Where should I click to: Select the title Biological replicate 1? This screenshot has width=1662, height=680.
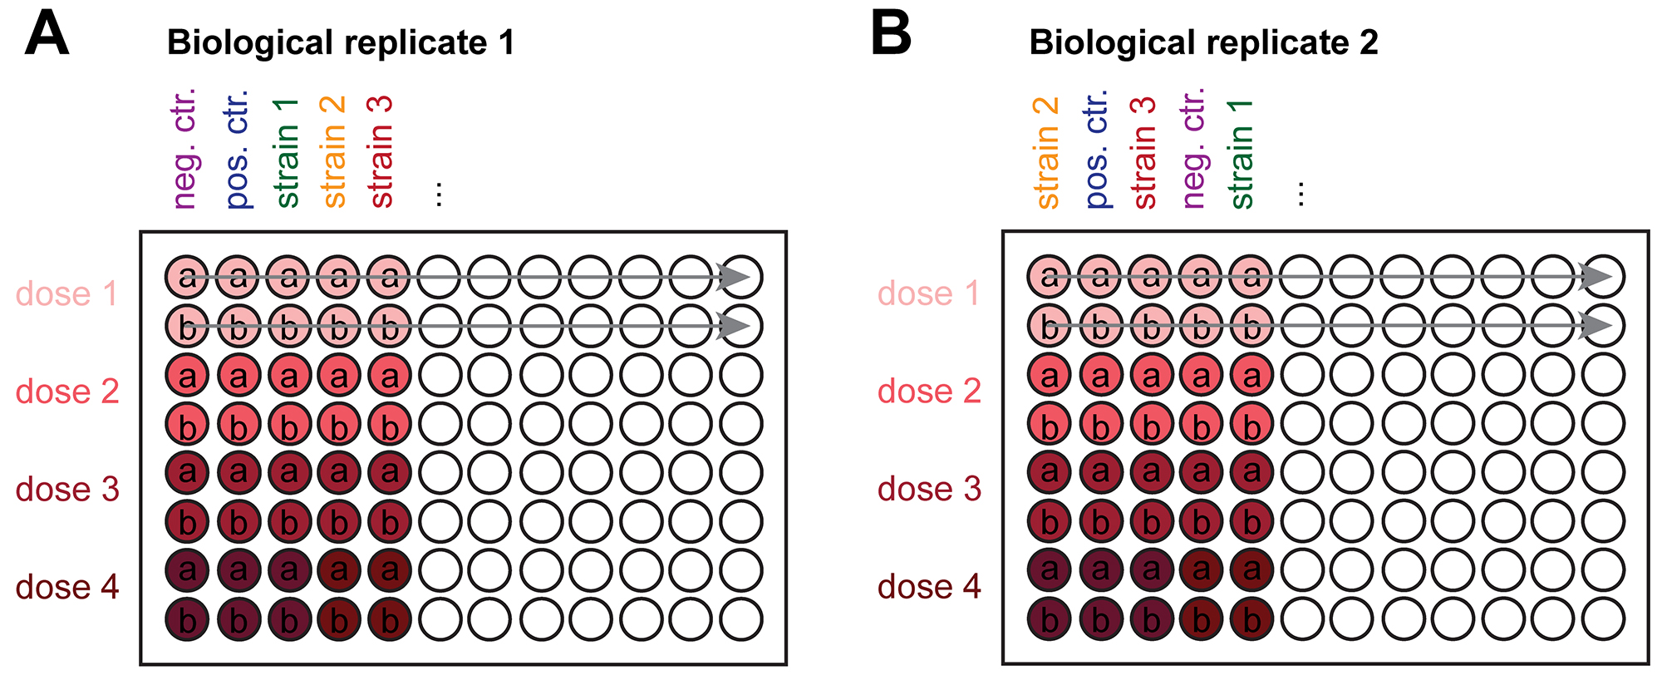click(x=341, y=42)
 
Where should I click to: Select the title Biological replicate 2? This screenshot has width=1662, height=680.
click(x=1203, y=42)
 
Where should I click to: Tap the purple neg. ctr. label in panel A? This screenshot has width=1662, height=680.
click(x=184, y=148)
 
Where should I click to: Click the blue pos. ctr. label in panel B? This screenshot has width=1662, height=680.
click(x=1097, y=148)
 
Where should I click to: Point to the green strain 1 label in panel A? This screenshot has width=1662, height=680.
click(x=285, y=153)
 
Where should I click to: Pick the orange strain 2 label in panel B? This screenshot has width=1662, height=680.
click(x=1046, y=153)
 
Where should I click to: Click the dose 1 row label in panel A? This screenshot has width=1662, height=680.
click(x=66, y=293)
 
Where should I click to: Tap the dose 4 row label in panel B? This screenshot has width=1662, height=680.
click(x=929, y=587)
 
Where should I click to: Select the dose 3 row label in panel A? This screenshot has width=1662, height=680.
click(x=67, y=489)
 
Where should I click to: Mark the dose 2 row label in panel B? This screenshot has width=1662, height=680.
click(x=929, y=391)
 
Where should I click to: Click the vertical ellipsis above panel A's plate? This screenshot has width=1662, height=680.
click(x=439, y=195)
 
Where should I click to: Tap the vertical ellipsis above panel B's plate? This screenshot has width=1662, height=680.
click(x=1301, y=195)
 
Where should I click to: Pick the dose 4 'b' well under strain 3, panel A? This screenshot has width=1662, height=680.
click(x=390, y=619)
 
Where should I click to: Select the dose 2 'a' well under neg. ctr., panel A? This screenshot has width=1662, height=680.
click(x=188, y=376)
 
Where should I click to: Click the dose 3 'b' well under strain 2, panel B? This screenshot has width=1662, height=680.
click(x=1050, y=522)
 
